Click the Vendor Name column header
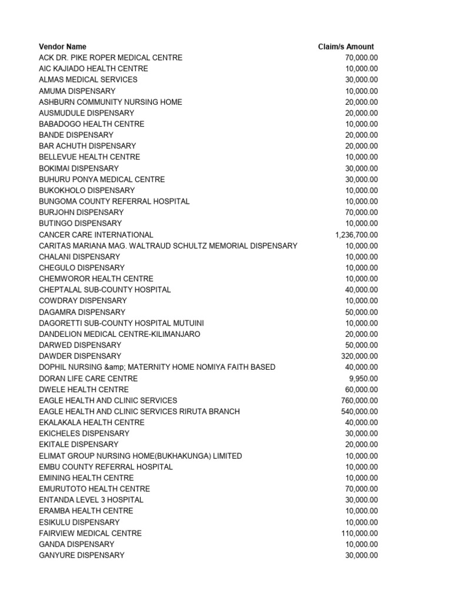(62, 47)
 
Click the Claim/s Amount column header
(345, 47)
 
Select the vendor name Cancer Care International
(96, 234)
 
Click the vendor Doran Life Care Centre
(88, 378)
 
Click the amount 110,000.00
(360, 533)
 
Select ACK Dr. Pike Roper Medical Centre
(111, 58)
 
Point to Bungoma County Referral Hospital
(114, 201)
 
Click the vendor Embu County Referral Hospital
(106, 466)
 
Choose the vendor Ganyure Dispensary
(82, 555)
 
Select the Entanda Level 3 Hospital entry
(91, 499)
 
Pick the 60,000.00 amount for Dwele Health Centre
(361, 389)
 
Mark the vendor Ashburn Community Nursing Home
(111, 102)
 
